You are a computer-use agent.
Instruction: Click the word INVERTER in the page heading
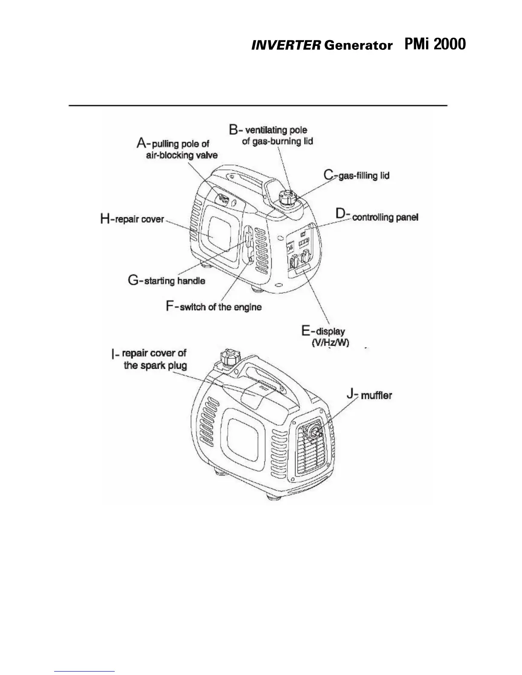coord(285,46)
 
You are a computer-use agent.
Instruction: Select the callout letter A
coord(142,143)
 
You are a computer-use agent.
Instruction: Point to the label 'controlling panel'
coord(386,217)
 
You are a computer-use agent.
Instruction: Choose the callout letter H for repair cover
coord(105,219)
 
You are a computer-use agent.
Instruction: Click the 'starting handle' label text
coord(175,281)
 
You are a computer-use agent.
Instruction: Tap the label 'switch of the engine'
coord(220,307)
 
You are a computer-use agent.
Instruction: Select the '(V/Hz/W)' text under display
coord(331,343)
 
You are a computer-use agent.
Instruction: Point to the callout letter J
coord(351,394)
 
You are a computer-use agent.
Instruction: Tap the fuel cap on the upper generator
coord(287,197)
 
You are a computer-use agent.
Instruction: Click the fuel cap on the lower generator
coord(226,357)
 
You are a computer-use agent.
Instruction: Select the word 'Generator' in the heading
coord(358,46)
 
